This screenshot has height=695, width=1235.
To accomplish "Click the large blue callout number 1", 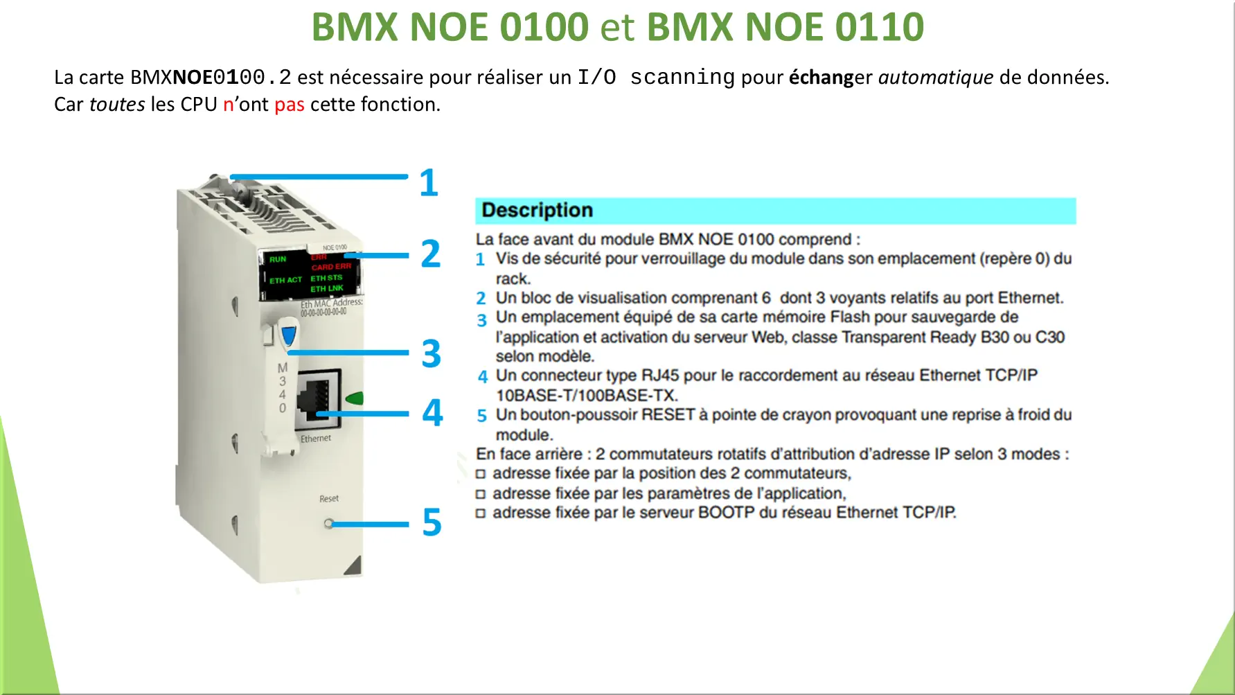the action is coord(429,183).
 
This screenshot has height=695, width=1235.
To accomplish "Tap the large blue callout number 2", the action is coord(431,254).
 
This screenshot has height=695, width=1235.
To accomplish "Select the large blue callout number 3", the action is coord(432,353).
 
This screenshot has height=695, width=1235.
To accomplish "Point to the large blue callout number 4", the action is coord(433,412).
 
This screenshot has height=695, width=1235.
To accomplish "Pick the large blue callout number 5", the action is coord(432,522).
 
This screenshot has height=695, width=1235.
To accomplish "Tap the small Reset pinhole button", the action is coord(328,523).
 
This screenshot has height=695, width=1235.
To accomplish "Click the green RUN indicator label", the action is coord(278,259).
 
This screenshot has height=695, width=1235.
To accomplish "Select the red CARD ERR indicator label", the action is coord(331,267).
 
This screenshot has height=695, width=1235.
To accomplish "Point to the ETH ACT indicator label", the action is coord(285,280).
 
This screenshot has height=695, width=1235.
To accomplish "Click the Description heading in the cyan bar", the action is coord(537,210).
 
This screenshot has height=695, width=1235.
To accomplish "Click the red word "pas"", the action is coord(290,105).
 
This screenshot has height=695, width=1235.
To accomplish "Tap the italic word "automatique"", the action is coord(936,77).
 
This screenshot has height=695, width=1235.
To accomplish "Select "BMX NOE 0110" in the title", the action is coord(785,27).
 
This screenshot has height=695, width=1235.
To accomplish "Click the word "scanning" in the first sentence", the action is coord(682,77).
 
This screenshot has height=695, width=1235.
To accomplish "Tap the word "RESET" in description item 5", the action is coord(668,415).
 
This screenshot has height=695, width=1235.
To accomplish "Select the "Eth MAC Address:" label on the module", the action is coord(331,303).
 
